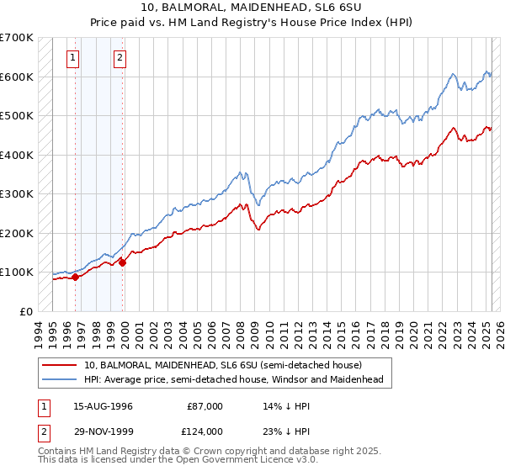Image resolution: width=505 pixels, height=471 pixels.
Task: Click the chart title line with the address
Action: pos(252,7)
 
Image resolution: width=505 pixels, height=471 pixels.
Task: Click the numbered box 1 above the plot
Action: pos(74,58)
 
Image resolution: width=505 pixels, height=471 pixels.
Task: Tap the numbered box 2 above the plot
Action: pos(120,58)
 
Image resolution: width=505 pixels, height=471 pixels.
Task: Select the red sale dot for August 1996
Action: pos(75,277)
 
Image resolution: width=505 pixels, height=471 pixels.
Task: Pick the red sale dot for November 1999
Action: pos(122,262)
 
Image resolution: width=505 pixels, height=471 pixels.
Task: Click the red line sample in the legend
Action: pos(59,365)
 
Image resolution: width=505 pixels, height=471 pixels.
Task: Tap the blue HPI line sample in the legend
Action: pos(59,379)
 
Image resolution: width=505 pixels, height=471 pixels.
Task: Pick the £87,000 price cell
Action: pos(205,406)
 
